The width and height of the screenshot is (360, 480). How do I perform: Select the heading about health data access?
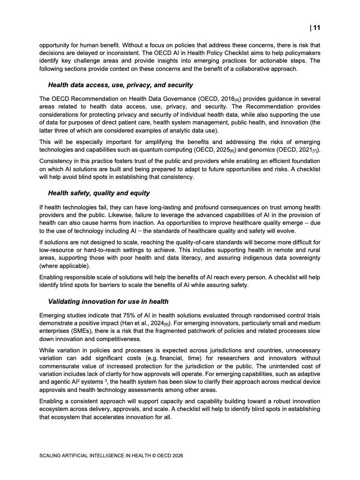(x=120, y=85)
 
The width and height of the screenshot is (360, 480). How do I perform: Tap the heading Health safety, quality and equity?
(x=99, y=193)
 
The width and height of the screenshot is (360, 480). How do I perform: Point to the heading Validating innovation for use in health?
(x=108, y=301)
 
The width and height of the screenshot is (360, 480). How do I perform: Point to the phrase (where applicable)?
(x=65, y=265)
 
